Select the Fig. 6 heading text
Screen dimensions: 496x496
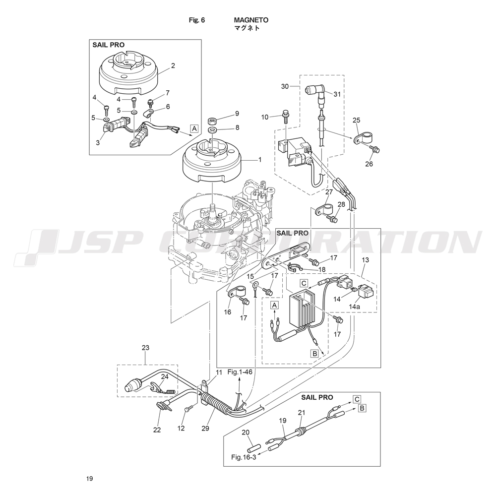(x=197, y=20)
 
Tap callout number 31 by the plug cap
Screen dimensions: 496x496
(x=337, y=94)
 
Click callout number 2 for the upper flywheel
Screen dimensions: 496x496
(x=173, y=65)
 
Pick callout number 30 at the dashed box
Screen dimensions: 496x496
(x=285, y=86)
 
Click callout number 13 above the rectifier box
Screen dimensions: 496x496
(x=366, y=259)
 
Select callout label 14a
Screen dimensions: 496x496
(x=354, y=307)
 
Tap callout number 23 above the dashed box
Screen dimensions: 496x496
(x=145, y=348)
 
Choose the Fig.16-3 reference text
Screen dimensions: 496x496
(x=244, y=457)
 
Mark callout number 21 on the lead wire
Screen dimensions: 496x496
(x=301, y=412)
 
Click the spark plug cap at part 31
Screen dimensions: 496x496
(x=314, y=91)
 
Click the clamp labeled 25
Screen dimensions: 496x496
(x=361, y=138)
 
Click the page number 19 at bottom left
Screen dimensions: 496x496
(x=89, y=479)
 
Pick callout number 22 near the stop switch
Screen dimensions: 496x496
(x=157, y=430)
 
